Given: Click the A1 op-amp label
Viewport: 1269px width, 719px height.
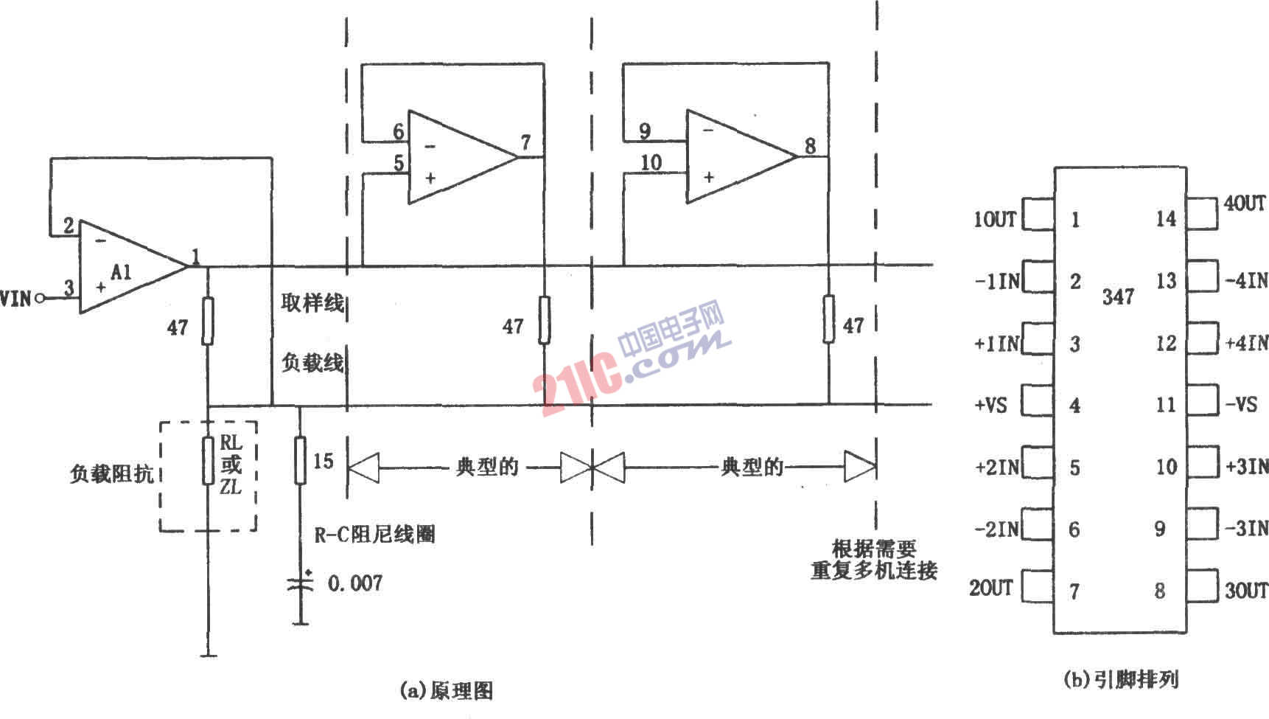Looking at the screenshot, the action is click(x=122, y=272).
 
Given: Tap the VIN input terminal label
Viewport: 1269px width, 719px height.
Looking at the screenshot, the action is click(x=16, y=298).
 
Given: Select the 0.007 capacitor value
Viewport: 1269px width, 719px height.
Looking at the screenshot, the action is click(x=355, y=583).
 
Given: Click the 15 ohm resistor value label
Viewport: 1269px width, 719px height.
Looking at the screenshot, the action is click(x=323, y=461).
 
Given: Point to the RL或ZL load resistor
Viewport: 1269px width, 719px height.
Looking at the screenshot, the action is click(x=209, y=460).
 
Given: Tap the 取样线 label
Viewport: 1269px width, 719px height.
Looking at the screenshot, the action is click(x=312, y=302).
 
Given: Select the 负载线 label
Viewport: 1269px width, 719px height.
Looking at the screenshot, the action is click(x=312, y=362).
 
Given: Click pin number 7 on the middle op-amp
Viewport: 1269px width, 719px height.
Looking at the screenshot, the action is click(x=525, y=142).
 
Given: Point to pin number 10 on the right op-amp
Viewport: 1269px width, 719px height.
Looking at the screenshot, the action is click(x=651, y=161).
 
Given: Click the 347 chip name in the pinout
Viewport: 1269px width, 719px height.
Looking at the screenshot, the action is click(x=1118, y=296).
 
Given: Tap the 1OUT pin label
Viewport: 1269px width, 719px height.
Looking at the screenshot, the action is click(x=995, y=219).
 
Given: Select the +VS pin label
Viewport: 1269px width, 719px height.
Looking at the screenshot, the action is click(x=991, y=405).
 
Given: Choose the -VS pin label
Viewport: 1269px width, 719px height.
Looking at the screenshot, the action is click(x=1241, y=404).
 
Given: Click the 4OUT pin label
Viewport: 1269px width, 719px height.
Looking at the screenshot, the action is click(x=1245, y=203).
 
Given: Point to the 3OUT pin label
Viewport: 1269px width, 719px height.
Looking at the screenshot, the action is click(x=1246, y=590).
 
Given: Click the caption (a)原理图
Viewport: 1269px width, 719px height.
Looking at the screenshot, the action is click(x=446, y=690).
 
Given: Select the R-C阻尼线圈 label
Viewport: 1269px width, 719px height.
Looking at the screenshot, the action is click(x=374, y=533).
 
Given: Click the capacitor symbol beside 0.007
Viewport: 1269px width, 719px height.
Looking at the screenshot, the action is click(x=301, y=583).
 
